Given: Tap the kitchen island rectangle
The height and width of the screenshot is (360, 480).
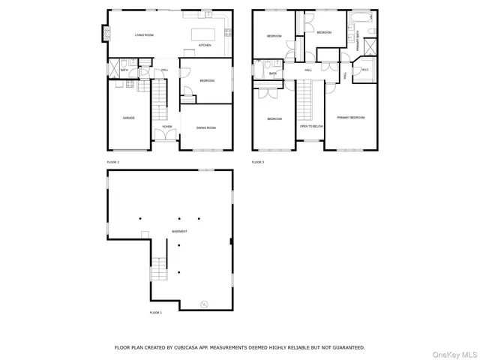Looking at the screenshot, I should [202, 34].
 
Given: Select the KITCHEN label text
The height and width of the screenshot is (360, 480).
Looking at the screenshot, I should [205, 46].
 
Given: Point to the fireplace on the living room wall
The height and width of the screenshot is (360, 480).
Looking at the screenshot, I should [106, 32].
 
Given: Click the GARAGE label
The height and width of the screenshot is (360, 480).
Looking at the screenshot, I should [129, 118].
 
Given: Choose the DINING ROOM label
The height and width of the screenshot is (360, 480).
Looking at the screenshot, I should [206, 128].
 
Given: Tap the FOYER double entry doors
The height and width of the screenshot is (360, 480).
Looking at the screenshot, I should [166, 136].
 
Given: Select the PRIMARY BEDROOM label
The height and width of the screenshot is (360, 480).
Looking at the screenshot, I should [350, 118].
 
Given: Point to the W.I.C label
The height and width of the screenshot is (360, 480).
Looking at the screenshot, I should [365, 71].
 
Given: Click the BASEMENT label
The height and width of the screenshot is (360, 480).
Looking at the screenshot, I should [179, 231].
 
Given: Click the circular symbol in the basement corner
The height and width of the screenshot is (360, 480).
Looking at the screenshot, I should [202, 303].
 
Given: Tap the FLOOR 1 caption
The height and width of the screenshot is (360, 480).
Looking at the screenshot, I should [155, 312].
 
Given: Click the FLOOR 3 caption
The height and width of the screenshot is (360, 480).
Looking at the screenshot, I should [258, 162].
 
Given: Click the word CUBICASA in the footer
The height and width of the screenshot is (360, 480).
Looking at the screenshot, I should [184, 347].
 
